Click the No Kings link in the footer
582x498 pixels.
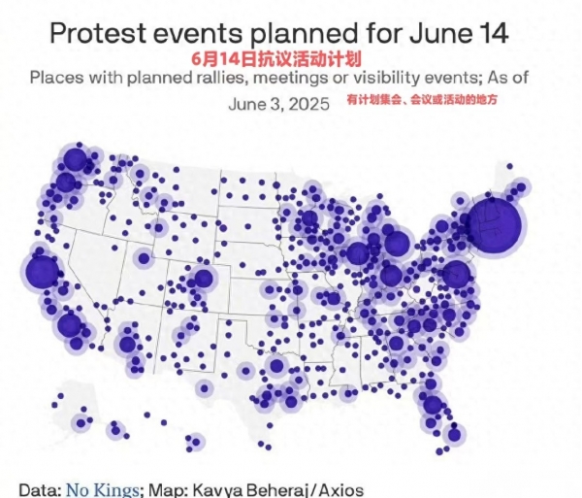click(x=104, y=489)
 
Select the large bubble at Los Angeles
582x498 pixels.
click(x=69, y=324)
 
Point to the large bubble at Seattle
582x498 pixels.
click(x=75, y=158)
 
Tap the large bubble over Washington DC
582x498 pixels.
click(x=455, y=274)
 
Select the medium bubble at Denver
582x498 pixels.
click(x=203, y=279)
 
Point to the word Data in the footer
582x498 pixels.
click(x=37, y=489)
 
